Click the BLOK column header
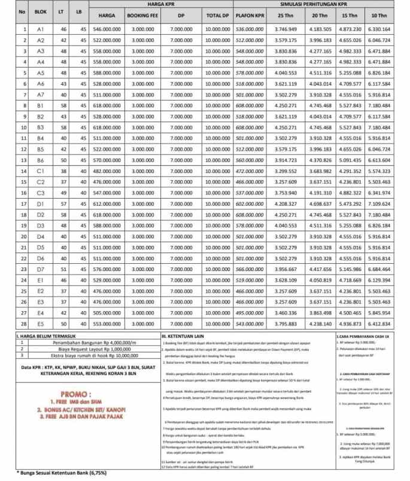point(41,11)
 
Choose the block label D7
point(41,270)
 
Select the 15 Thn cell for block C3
point(350,193)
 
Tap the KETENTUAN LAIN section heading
point(185,337)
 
